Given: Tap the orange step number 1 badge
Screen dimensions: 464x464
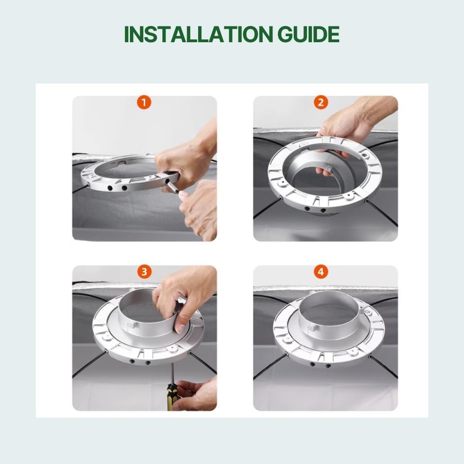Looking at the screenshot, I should point(144,103).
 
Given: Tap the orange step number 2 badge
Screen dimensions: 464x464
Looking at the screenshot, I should point(321,103).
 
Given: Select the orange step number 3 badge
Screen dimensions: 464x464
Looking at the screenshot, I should point(144,272).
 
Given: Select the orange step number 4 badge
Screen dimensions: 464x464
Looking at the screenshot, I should point(321,272).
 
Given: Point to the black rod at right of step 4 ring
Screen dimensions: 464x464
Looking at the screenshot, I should point(383,367).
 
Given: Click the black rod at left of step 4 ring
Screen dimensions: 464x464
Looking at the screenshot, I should point(269,366).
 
